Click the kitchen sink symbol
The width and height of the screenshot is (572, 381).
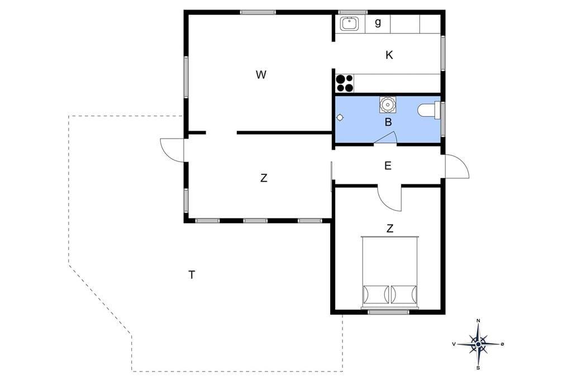350,23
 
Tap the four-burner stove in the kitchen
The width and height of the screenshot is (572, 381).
345,83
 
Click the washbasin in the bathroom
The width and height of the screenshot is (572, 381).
388,105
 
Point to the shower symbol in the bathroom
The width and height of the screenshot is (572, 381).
340,117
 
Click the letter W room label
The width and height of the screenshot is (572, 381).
261,75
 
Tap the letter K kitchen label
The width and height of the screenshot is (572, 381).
389,55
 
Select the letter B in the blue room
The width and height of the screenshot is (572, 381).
388,122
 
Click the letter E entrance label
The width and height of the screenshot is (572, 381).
388,166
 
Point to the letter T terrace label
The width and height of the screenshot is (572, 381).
192,274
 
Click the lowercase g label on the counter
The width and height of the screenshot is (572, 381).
378,23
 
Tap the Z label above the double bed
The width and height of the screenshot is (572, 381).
390,228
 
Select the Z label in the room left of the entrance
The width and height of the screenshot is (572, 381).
264,178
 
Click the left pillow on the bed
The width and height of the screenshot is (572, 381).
376,294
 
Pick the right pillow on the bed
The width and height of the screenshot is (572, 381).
404,294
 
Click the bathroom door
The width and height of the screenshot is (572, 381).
385,138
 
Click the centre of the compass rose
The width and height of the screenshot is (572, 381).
478,344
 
